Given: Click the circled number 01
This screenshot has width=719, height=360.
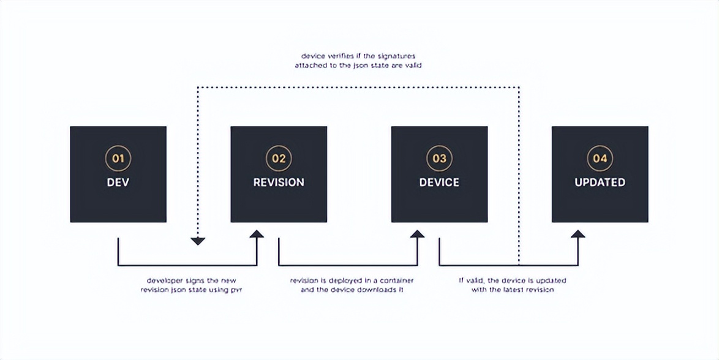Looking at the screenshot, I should tap(118, 158).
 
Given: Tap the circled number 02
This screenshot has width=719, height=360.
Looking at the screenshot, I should tap(279, 158).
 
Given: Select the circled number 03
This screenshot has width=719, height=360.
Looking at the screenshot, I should tap(439, 158).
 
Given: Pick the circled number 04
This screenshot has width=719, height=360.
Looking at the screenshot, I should tap(600, 158).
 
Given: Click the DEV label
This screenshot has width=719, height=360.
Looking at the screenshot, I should tap(118, 182).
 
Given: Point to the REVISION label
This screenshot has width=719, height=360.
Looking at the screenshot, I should tap(279, 182).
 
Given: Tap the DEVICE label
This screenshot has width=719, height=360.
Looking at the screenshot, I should tap(439, 182).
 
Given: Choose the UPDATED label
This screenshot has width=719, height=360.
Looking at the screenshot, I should tap(600, 182).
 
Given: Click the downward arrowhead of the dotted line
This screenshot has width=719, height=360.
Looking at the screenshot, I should tap(197, 241).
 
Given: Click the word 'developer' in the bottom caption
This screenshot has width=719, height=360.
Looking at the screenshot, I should tap(163, 280).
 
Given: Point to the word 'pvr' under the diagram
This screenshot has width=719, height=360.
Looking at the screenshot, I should tap(236, 290).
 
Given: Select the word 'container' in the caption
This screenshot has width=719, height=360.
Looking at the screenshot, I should tap(393, 280).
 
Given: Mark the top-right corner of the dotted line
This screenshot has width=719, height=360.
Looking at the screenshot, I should tap(519, 87).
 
